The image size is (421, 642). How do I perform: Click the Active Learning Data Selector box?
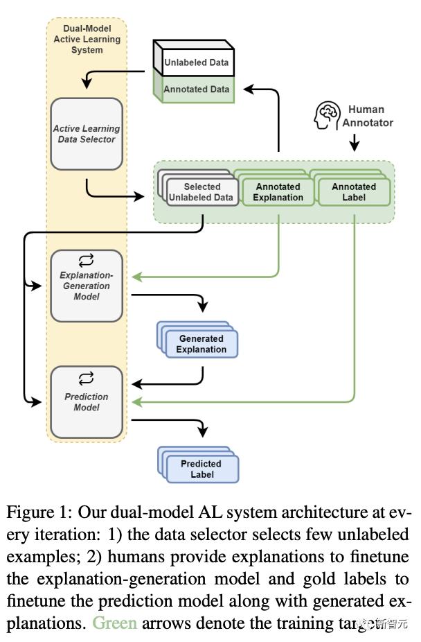87,134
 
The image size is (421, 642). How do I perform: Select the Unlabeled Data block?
197,62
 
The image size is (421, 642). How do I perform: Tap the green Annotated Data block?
197,89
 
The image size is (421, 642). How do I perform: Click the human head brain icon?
328,115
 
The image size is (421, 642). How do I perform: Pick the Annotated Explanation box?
278,192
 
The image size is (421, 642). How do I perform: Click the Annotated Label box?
354,192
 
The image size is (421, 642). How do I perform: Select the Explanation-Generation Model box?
87,286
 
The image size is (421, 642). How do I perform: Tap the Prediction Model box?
87,402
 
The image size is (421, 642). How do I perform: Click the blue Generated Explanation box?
201,344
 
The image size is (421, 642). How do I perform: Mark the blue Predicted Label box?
201,469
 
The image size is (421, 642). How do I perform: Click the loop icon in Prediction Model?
87,379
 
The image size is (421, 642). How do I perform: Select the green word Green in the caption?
115,623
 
